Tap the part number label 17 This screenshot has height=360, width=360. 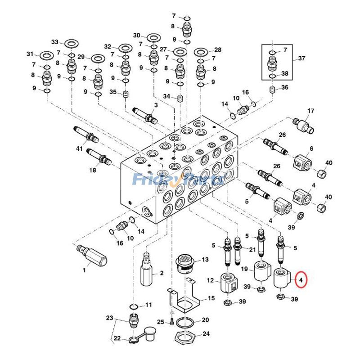tap(310, 111)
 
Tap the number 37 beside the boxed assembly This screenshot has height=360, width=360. tap(301, 58)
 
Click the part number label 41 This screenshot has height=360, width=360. tap(80, 148)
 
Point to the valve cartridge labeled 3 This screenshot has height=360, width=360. tap(145, 114)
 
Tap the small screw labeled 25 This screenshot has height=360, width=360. tap(171, 321)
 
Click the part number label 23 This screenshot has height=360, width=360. tap(110, 318)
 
